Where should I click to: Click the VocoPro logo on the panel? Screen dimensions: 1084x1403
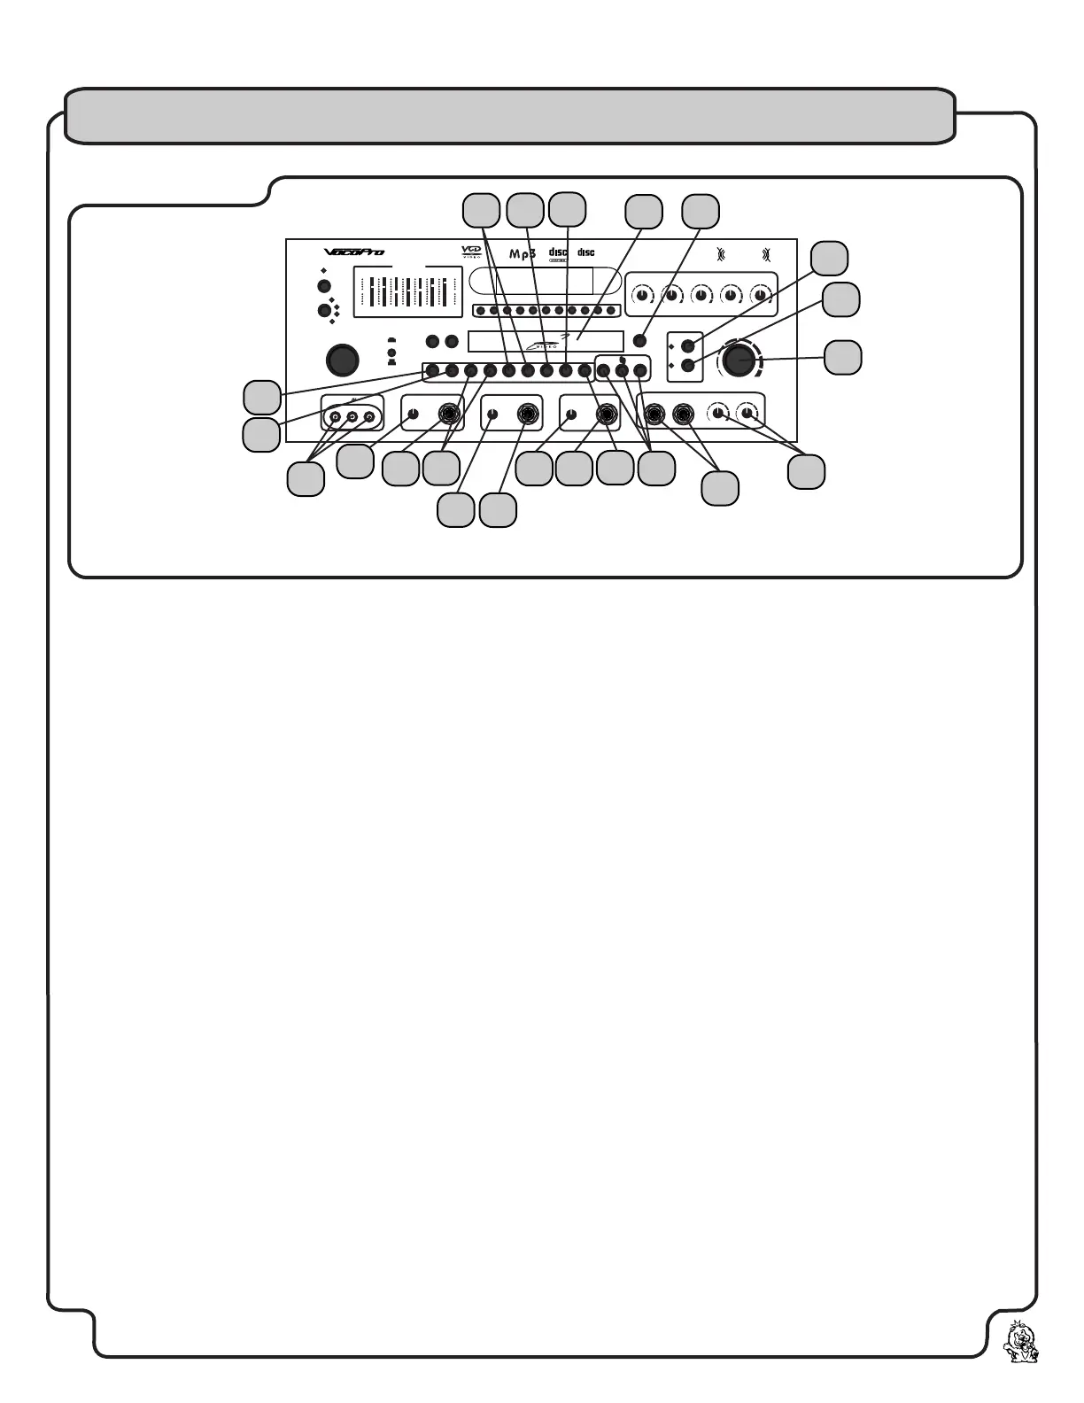(x=353, y=252)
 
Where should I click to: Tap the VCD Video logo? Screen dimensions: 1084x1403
(x=471, y=252)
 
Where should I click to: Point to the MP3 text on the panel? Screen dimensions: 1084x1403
(x=523, y=254)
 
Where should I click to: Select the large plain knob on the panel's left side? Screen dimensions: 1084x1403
(x=343, y=360)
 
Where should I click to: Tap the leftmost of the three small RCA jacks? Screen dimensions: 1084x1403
(x=335, y=415)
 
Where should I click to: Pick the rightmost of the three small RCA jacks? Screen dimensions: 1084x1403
(x=369, y=415)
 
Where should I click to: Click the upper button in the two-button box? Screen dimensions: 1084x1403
(x=686, y=346)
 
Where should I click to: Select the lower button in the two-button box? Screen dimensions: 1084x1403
(x=686, y=365)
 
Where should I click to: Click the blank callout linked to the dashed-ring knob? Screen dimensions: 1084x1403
(x=842, y=358)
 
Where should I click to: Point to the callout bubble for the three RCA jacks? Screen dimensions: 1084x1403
(x=306, y=478)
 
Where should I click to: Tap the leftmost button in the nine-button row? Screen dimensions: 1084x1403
(x=432, y=370)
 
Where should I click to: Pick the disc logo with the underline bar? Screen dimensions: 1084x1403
(x=558, y=255)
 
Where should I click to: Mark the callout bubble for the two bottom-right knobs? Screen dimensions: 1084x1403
(x=806, y=471)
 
